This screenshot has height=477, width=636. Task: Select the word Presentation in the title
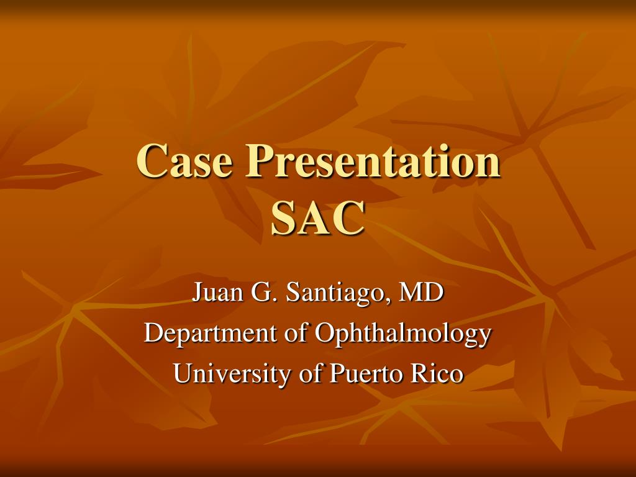pyautogui.click(x=373, y=161)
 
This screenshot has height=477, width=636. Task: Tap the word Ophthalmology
pyautogui.click(x=403, y=334)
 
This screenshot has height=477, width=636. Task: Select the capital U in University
pyautogui.click(x=183, y=374)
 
